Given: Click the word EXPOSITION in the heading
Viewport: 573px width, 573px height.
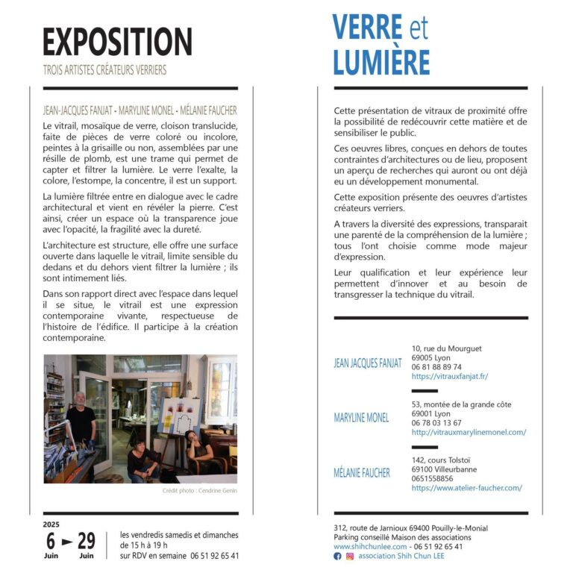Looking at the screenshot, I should [117, 42].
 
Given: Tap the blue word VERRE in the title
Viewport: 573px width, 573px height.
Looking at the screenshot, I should [367, 28].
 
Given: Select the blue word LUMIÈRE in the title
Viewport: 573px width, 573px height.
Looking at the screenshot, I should [381, 63].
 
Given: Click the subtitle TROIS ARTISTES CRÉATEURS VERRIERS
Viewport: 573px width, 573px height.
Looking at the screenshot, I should [104, 71].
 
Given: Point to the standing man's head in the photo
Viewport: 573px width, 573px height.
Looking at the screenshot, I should [79, 400].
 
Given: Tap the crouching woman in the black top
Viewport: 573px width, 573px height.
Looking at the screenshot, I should [141, 458].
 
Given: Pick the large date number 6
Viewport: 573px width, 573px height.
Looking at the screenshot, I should [51, 540].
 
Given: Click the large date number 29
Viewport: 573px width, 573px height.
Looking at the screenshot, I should [87, 540].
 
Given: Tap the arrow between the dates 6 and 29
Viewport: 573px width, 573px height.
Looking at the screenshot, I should [67, 541].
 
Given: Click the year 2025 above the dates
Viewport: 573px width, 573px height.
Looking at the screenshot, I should [51, 524].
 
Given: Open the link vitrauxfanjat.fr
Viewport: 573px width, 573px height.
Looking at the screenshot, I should [449, 377].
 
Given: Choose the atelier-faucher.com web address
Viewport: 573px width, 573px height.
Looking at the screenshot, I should [466, 488].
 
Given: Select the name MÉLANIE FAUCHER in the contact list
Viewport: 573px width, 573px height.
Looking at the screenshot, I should [362, 473].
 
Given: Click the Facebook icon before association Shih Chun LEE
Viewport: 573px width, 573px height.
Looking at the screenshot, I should [338, 556].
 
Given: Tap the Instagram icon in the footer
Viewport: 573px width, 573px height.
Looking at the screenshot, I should [350, 556].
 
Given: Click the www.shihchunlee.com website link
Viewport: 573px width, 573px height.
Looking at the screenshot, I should [371, 546].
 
